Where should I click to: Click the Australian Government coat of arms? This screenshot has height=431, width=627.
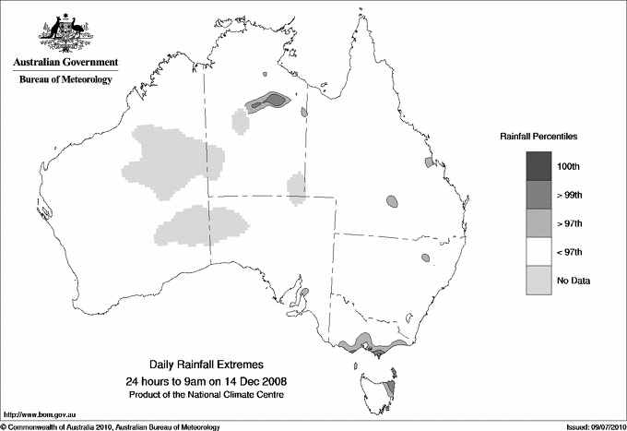pyautogui.click(x=65, y=31)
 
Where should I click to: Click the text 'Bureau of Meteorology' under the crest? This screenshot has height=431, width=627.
pyautogui.click(x=65, y=80)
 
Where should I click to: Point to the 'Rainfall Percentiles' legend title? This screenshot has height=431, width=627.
pyautogui.click(x=538, y=136)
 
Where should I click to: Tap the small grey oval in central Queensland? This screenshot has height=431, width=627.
pyautogui.click(x=393, y=200)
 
